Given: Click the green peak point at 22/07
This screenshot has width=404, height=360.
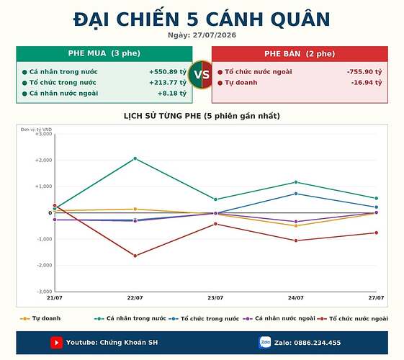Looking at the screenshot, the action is [135, 158].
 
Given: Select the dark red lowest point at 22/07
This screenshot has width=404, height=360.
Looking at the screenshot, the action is [135, 256].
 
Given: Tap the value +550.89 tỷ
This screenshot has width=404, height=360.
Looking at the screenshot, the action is [168, 72].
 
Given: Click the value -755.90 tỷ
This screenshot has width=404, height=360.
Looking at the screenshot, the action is [364, 72].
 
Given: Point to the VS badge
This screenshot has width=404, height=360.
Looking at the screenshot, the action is [202, 75].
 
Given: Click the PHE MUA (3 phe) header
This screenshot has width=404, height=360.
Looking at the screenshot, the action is [104, 53].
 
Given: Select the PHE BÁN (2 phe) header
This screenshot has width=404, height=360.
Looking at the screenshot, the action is [300, 54].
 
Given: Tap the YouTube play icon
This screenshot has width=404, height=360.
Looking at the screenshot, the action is [56, 343].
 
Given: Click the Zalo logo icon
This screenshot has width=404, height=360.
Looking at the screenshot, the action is [265, 343].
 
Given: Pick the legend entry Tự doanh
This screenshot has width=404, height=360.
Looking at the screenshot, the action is [40, 318].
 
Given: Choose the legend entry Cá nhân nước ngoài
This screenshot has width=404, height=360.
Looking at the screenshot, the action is [279, 318].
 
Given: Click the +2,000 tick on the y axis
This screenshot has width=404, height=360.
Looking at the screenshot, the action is [43, 160].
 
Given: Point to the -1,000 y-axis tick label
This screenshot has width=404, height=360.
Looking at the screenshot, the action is [45, 239].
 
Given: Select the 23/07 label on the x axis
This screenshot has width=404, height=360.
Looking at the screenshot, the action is [215, 298].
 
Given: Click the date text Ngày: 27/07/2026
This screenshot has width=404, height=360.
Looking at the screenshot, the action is [202, 35].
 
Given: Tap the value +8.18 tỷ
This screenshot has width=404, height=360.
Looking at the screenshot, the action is [172, 93].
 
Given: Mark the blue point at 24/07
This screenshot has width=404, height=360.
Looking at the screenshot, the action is [296, 194].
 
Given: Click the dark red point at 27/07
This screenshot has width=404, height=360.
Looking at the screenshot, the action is [377, 233].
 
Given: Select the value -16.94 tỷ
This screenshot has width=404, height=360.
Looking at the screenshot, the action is [367, 83].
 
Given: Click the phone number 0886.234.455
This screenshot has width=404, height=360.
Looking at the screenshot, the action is [318, 343].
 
